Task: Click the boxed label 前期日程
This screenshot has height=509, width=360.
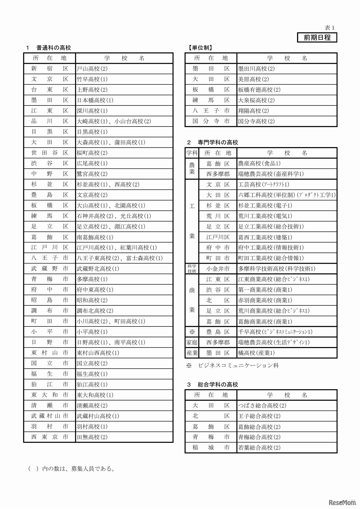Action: tap(317, 37)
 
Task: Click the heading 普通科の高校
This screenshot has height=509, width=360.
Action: tap(53, 48)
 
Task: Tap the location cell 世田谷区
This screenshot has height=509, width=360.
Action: tap(49, 153)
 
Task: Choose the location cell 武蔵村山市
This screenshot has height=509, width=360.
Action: tap(49, 416)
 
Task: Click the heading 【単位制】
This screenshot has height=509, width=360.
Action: tap(201, 48)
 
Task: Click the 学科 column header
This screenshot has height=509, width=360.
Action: tap(192, 153)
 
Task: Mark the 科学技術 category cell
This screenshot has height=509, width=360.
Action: tap(192, 269)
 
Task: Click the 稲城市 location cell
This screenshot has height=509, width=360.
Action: tap(211, 447)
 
